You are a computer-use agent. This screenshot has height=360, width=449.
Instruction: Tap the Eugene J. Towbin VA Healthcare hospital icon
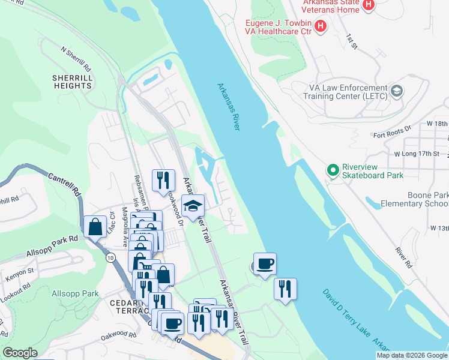tap(321, 26)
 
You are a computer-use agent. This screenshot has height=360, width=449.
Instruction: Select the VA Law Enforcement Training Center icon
tap(396, 91)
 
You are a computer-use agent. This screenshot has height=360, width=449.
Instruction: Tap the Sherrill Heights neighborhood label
tap(71, 82)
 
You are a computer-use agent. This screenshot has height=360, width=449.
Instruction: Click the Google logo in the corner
tap(20, 353)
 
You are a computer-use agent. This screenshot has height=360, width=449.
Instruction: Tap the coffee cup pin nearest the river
tap(265, 263)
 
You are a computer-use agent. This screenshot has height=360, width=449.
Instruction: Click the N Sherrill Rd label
tap(76, 58)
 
